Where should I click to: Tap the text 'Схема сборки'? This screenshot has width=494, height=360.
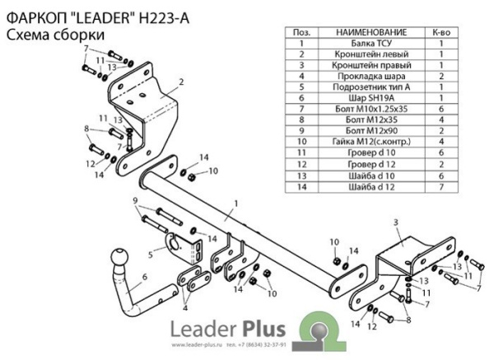coord(54,35)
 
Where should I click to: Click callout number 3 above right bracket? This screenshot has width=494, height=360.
coord(396,222)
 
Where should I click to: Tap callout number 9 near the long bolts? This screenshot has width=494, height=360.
coord(136,200)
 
